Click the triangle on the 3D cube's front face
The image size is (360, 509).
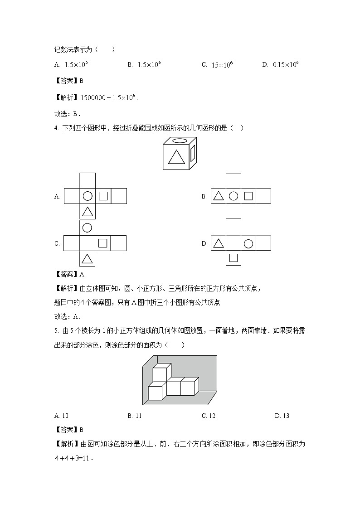176,157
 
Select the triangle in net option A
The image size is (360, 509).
88,212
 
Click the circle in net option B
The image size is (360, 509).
233,196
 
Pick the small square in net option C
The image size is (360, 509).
103,243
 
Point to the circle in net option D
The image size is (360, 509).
248,243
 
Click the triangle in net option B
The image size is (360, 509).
218,196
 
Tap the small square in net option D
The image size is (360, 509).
233,258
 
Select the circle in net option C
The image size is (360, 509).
88,228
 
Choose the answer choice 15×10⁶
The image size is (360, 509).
222,65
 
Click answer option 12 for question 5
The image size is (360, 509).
212,416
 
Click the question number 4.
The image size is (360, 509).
56,128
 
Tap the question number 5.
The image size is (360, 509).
56,331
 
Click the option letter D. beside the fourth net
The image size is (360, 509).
204,244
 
